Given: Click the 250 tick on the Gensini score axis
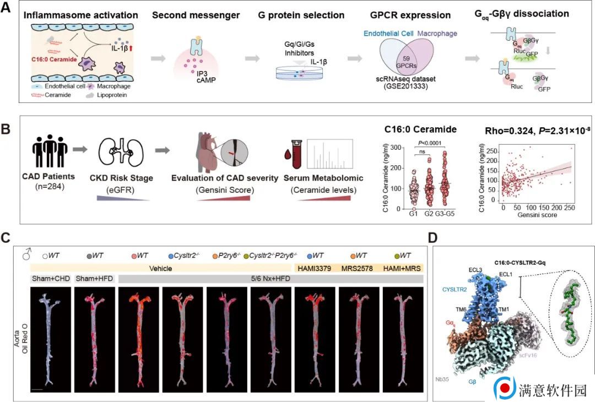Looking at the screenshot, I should coord(571,209).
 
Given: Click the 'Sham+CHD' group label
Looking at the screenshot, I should coord(50,279).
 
